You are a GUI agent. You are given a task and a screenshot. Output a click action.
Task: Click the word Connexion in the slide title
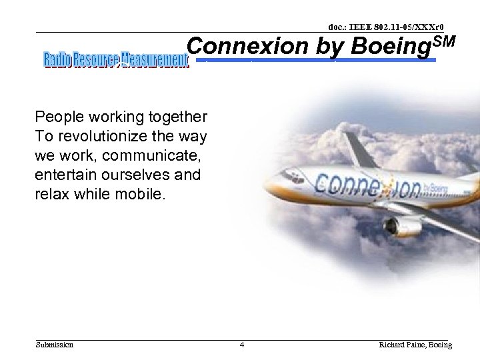[x=247, y=47]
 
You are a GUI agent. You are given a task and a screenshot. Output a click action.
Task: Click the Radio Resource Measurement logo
[x=116, y=59]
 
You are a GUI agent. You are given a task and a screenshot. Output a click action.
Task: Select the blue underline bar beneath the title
[x=320, y=61]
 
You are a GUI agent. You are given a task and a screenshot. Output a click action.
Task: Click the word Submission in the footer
[x=55, y=345]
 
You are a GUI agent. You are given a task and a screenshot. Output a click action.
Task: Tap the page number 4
[x=242, y=345]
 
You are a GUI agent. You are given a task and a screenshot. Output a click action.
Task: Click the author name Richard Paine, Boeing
[x=415, y=345]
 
